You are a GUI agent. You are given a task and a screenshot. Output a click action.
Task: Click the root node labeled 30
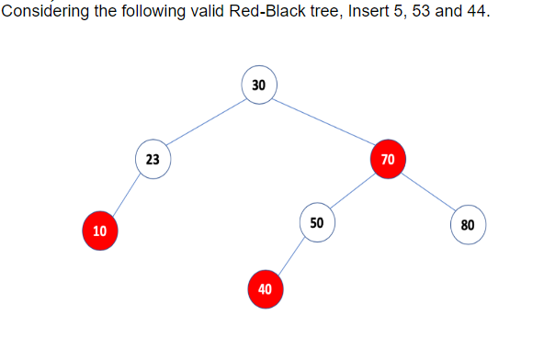click(258, 84)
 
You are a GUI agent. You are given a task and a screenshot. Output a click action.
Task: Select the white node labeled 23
click(153, 158)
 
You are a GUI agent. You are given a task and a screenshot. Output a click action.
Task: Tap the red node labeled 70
click(388, 159)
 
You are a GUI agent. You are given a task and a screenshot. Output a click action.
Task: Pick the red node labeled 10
click(99, 230)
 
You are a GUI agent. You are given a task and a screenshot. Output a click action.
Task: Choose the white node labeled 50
click(317, 223)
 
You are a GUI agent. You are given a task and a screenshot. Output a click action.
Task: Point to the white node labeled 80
click(468, 225)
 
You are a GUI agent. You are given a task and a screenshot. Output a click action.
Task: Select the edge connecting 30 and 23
click(205, 121)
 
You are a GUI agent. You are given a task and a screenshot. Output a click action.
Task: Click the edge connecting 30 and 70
click(323, 121)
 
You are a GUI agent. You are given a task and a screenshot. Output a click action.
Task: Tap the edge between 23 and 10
click(126, 194)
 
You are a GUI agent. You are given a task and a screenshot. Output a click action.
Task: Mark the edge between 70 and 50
click(352, 191)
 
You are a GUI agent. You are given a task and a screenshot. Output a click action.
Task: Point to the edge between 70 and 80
click(428, 192)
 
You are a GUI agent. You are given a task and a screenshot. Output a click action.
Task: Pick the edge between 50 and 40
click(291, 256)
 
